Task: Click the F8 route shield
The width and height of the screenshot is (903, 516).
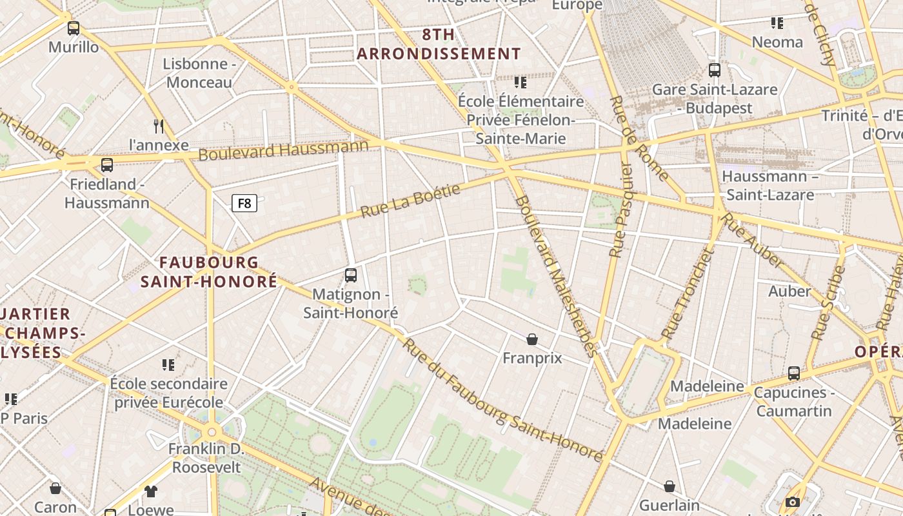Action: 244,204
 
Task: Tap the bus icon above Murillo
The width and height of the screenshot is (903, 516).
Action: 74,28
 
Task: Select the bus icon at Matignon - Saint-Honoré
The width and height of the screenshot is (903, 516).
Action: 351,275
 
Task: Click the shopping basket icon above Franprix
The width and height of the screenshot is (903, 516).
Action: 532,339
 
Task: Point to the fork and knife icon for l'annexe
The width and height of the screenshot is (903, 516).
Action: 159,126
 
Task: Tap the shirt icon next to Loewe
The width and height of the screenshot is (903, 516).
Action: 151,491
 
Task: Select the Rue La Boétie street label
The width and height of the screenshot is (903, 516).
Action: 410,201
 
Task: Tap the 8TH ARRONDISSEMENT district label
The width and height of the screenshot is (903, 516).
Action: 439,45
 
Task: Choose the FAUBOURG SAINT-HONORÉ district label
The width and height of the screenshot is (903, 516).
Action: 209,272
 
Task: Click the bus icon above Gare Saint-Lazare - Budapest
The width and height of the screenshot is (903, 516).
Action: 715,70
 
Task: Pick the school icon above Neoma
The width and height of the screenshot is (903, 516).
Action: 777,23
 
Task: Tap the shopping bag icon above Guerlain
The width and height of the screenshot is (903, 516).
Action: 670,486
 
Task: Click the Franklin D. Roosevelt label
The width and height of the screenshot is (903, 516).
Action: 205,457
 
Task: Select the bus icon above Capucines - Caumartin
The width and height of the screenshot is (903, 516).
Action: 794,373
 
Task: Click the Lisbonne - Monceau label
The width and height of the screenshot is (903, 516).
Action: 199,73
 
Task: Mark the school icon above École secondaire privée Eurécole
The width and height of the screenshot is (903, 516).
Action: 168,365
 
